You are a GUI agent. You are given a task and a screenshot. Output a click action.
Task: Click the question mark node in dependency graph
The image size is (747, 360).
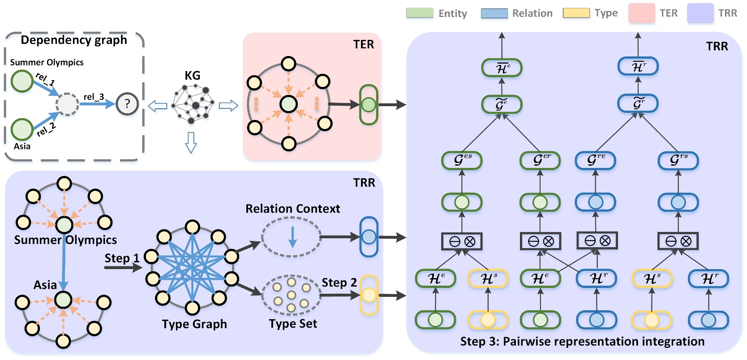pos(127,104)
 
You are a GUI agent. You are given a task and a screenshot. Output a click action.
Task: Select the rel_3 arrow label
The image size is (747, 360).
pos(94,97)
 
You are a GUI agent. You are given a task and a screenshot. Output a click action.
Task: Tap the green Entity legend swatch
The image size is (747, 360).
pos(420,13)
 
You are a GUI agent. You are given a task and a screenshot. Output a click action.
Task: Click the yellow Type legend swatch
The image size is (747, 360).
pos(576,13)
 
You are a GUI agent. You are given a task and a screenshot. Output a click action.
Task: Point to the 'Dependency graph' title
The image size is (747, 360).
pos(74,40)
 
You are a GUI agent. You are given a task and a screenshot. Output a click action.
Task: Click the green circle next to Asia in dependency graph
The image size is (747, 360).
pos(22,129)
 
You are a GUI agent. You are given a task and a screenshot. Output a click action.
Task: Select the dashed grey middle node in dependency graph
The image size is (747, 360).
pos(67,104)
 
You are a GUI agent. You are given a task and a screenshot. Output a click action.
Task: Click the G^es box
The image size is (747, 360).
pos(462,160)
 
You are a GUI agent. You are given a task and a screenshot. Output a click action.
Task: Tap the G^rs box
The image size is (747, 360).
pos(678,160)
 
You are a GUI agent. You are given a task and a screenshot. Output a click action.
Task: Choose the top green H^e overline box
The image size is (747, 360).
pos(502,68)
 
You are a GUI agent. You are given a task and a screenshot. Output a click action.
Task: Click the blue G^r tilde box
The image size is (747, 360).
pos(638,103)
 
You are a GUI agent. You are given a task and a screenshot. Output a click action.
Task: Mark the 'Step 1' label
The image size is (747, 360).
pos(122,258)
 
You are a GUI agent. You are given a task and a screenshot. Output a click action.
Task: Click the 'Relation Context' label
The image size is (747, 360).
pos(292,209)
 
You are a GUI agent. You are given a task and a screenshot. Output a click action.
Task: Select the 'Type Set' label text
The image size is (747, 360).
pos(293,324)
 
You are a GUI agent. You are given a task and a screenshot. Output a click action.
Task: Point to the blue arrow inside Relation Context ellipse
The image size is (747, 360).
pos(292,237)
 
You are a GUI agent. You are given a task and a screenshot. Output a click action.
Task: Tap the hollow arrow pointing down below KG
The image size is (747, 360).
pos(191,142)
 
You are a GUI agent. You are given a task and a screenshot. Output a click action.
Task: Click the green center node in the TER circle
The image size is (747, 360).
pos(288,104)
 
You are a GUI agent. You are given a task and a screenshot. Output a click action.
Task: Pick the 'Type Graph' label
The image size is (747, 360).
pos(194,324)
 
